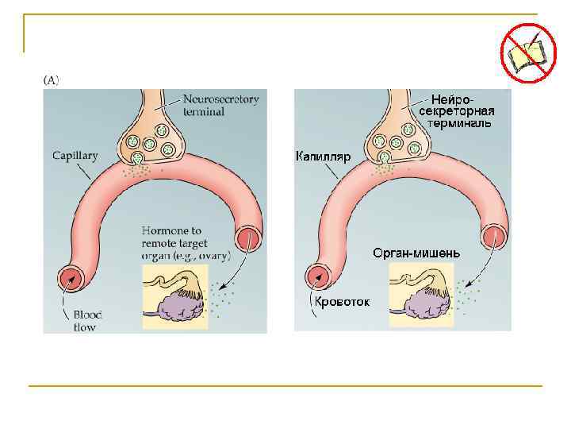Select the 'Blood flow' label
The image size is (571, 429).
(x=82, y=321)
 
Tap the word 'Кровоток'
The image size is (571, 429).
(x=342, y=303)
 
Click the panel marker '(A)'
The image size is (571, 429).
(x=52, y=79)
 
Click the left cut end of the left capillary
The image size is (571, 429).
(x=71, y=280)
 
